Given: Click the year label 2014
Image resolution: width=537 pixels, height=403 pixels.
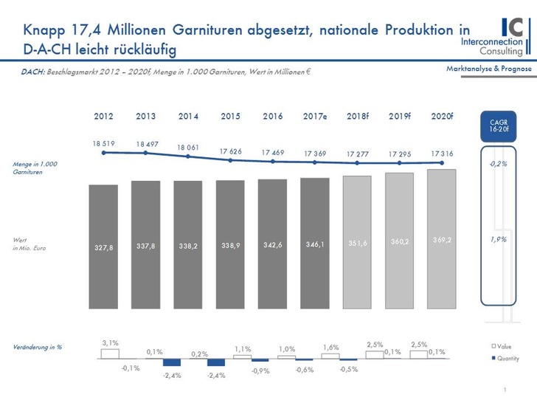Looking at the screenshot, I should tap(188, 116).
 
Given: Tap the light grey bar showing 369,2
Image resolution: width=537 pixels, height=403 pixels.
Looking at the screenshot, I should tap(441, 236).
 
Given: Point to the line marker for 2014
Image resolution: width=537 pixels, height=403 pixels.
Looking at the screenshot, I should tap(188, 156).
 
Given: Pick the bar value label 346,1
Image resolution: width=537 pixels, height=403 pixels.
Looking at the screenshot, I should tap(315, 243).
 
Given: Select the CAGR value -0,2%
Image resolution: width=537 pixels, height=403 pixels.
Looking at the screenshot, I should tap(499, 164).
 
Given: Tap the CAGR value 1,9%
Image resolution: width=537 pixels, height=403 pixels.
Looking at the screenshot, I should tap(499, 240).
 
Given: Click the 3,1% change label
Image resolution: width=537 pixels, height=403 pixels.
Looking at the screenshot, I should tap(109, 342).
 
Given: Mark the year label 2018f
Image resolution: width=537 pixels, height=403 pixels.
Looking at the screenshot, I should tap(357, 116).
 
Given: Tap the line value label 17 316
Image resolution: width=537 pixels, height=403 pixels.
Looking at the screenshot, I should tap(441, 152).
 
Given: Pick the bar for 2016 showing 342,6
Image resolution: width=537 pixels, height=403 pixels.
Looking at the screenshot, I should tap(272, 244).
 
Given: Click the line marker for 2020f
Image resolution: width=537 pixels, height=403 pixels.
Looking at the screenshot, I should tap(441, 162).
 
